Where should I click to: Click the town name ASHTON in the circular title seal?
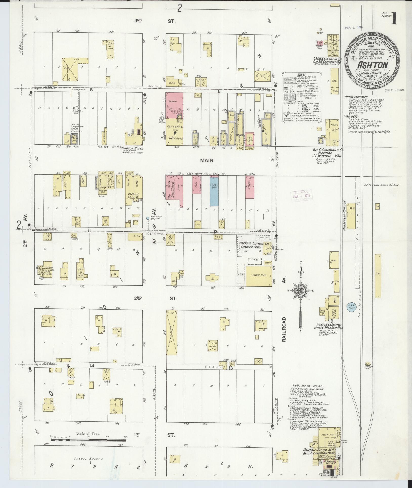click(373, 65)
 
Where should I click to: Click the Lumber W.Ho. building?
click(259, 275)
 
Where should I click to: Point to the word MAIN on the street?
click(207, 160)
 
